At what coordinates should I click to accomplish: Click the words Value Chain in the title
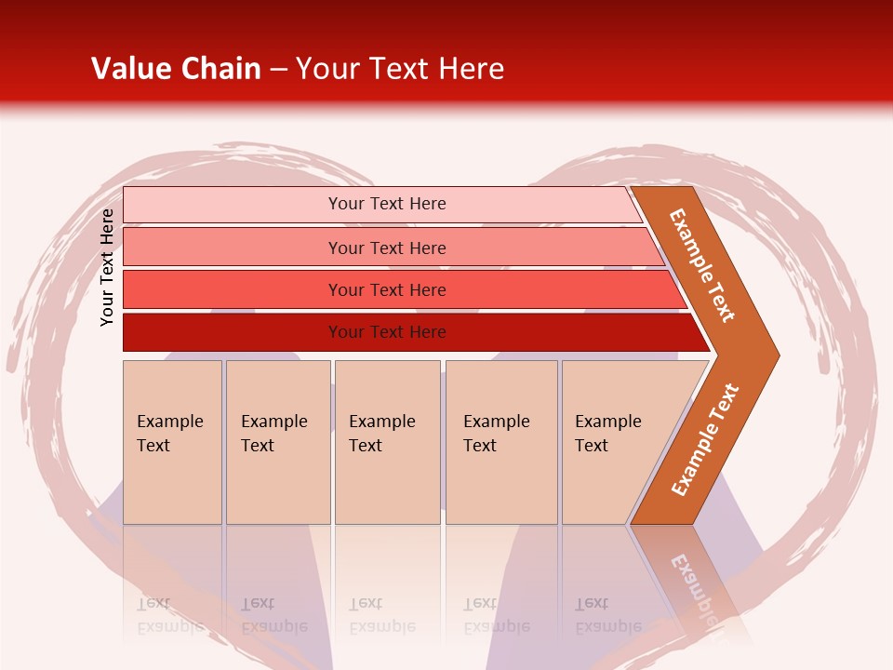[176, 69]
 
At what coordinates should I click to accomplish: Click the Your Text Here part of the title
[399, 69]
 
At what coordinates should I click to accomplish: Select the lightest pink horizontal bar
[233, 205]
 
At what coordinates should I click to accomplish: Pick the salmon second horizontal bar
[233, 248]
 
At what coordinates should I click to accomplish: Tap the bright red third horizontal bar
[233, 290]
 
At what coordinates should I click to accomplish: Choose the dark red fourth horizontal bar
[233, 332]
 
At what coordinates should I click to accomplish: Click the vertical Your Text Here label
[108, 267]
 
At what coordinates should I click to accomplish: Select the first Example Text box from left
[172, 442]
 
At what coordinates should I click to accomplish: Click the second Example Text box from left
[277, 442]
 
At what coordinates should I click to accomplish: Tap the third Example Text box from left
[387, 442]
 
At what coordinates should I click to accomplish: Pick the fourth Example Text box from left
[501, 442]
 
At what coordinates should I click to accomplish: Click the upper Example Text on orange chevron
[702, 265]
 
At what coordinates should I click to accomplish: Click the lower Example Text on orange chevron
[704, 440]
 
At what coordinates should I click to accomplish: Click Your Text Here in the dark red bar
[387, 332]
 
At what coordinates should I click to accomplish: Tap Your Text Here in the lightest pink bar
[387, 204]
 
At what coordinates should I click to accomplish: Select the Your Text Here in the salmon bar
[387, 248]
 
